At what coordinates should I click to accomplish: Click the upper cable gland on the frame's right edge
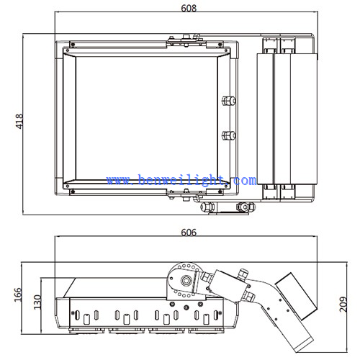[x=229, y=101]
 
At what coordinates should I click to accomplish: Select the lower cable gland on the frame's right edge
[x=229, y=135]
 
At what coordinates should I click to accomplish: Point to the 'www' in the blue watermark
[x=118, y=180]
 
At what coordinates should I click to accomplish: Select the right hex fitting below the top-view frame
[x=245, y=207]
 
